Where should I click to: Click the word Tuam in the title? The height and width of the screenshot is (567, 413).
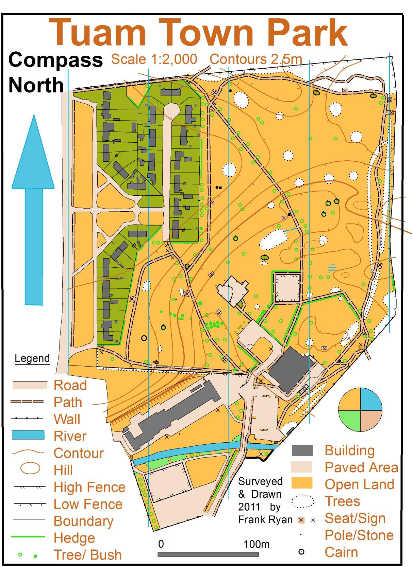97,33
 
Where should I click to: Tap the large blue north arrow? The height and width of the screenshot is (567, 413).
33,211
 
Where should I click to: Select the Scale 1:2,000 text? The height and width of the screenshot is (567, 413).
154,59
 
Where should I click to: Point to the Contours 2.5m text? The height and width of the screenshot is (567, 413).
256,59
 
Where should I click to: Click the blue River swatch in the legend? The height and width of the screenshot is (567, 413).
28,435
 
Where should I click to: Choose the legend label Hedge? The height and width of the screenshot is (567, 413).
74,538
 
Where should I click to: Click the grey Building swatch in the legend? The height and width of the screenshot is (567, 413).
302,450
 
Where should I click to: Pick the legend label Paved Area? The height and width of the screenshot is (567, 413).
361,467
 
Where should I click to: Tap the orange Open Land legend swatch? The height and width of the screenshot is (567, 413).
302,483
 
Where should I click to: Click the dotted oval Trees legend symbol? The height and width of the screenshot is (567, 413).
302,501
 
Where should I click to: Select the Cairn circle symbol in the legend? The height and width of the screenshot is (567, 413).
301,552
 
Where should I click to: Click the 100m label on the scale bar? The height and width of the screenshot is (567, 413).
257,544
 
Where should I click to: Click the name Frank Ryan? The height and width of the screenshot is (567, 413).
265,519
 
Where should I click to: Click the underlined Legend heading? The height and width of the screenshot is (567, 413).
32,358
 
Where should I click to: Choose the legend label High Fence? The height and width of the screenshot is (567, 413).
89,487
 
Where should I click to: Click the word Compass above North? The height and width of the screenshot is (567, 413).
55,60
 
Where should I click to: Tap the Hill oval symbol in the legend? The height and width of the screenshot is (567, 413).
30,468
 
